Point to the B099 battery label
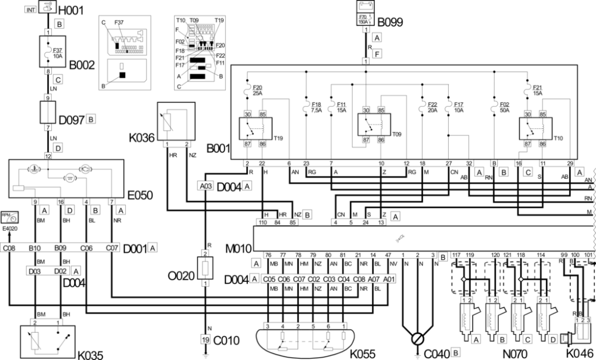391,23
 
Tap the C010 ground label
225,340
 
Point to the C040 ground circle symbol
419,339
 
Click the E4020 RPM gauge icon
9,218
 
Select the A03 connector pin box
206,186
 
